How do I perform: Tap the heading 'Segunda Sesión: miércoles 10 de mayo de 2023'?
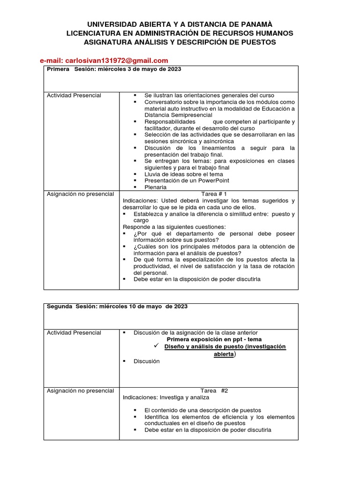pyautogui.click(x=117, y=307)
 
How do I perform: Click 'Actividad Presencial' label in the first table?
pyautogui.click(x=74, y=95)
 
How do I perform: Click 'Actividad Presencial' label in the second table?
pyautogui.click(x=74, y=333)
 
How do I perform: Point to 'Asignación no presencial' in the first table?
pyautogui.click(x=80, y=194)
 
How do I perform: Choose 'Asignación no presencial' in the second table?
pyautogui.click(x=80, y=390)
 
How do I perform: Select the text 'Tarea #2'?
pyautogui.click(x=214, y=390)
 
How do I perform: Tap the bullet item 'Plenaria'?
pyautogui.click(x=156, y=187)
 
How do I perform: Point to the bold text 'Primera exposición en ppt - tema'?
pyautogui.click(x=214, y=339)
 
